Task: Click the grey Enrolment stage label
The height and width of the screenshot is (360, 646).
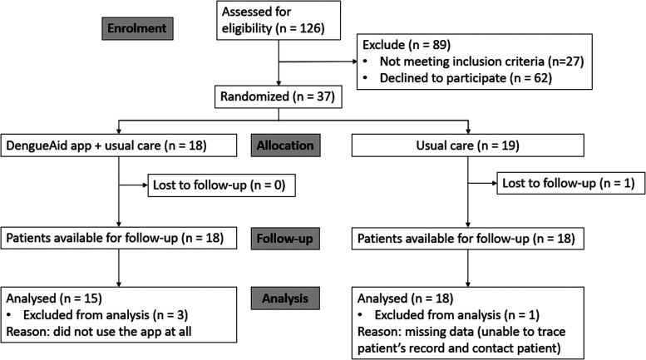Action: [x=138, y=28]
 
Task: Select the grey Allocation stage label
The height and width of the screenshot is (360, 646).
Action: [x=285, y=145]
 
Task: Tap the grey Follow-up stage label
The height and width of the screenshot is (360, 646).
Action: [x=285, y=239]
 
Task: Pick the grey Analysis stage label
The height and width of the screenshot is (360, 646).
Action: [x=285, y=298]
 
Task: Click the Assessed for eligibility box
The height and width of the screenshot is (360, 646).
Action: [x=279, y=20]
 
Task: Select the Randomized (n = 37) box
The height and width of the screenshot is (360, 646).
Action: [x=278, y=96]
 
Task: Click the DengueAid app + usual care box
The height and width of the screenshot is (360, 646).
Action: [x=119, y=145]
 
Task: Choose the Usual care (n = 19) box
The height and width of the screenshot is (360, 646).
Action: [x=467, y=145]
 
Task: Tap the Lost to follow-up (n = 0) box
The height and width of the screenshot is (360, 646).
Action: [x=222, y=185]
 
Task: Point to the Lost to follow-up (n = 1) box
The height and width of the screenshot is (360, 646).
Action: [x=571, y=183]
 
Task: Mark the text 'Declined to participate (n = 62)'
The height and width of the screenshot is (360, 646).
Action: [x=466, y=78]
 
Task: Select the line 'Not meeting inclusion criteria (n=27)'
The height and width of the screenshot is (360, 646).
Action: [x=481, y=62]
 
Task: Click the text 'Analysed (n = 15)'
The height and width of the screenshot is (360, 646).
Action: [x=54, y=298]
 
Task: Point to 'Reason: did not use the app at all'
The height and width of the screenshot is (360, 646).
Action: [x=98, y=332]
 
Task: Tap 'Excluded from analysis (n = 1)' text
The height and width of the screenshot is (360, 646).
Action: [x=457, y=315]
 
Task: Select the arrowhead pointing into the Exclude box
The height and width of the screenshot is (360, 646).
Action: [x=354, y=62]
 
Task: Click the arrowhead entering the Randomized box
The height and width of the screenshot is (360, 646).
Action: [x=279, y=83]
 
